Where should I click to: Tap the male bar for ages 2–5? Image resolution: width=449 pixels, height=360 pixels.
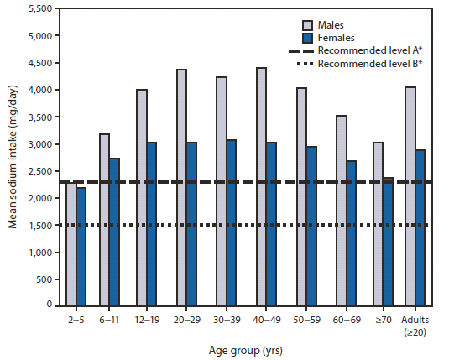(70, 243)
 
